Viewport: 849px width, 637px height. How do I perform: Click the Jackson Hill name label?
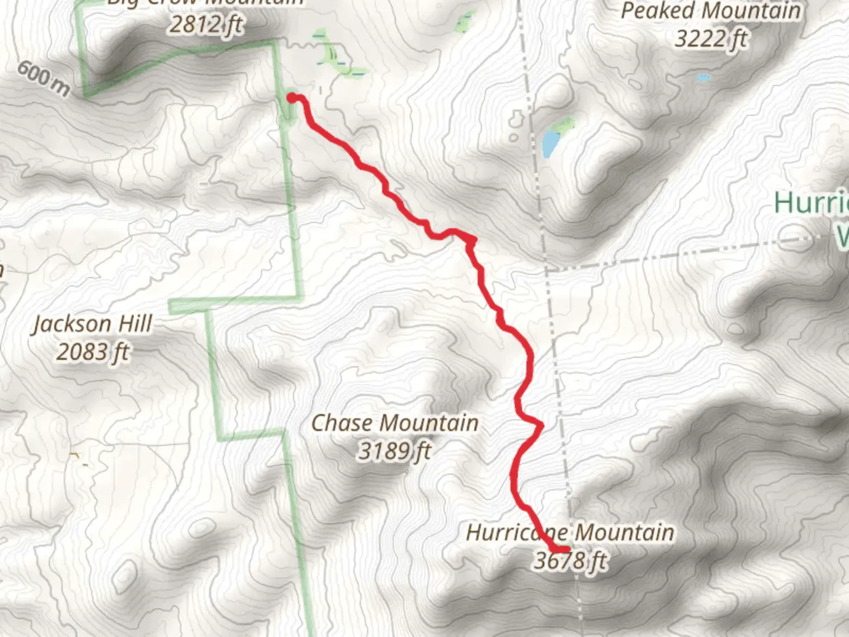point(93,324)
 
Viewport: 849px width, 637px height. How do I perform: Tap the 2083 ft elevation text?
point(93,352)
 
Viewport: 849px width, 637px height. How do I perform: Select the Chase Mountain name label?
point(394,423)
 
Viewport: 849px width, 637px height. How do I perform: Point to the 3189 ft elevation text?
point(394,451)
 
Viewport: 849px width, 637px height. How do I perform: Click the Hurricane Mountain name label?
point(570,533)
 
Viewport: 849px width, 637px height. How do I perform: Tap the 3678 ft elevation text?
point(570,560)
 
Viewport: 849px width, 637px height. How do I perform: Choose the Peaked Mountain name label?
point(710,11)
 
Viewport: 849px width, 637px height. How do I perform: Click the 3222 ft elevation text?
point(710,39)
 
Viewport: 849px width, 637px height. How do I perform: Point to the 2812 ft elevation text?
point(206,25)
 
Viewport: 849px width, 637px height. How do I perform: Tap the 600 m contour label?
point(43,77)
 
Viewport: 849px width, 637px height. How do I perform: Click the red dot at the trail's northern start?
point(292,98)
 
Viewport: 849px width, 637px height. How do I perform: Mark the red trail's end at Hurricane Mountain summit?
point(565,550)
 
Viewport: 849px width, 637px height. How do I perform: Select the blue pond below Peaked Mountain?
point(551,143)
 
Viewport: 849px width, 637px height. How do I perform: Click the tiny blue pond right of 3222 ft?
point(703,77)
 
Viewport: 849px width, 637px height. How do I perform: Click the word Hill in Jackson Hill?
point(134,323)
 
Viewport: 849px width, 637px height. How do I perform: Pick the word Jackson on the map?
point(71,324)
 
